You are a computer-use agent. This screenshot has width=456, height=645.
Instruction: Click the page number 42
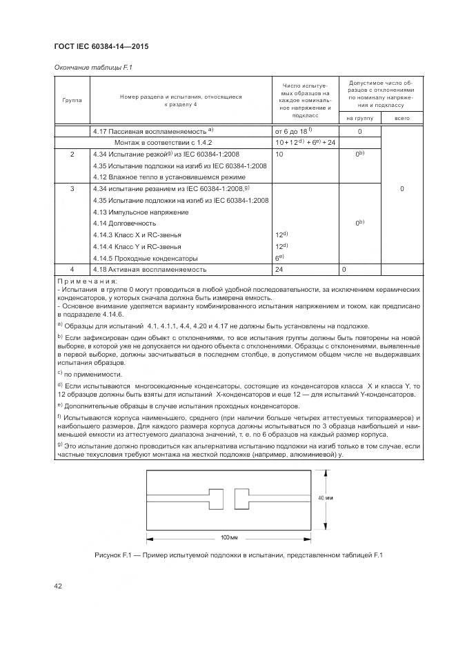[x=59, y=586]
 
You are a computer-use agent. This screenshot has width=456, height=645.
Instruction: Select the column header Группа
[x=72, y=100]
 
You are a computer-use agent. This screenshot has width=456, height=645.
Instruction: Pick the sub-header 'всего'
[x=402, y=119]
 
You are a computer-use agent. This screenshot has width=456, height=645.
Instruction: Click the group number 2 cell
[x=72, y=154]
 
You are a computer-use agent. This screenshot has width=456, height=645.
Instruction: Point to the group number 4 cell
[x=72, y=269]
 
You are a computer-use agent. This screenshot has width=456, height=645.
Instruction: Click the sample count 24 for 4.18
[x=280, y=269]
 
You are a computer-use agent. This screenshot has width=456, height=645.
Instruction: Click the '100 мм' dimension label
[x=229, y=537]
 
